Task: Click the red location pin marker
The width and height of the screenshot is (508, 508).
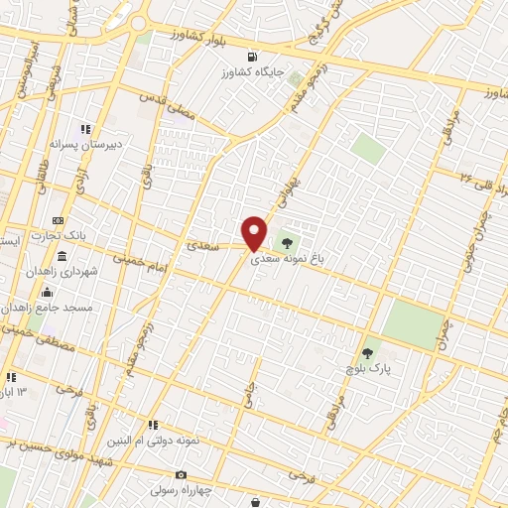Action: point(255,232)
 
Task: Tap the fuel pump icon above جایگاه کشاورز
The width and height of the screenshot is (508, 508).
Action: point(251,57)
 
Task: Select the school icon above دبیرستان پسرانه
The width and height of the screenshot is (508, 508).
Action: point(86,129)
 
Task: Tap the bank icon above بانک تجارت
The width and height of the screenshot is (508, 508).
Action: point(59,220)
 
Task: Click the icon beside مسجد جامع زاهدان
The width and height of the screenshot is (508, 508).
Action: point(48,292)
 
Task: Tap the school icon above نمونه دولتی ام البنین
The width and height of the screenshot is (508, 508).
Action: point(153,425)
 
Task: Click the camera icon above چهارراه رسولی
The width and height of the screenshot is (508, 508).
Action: point(181,475)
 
